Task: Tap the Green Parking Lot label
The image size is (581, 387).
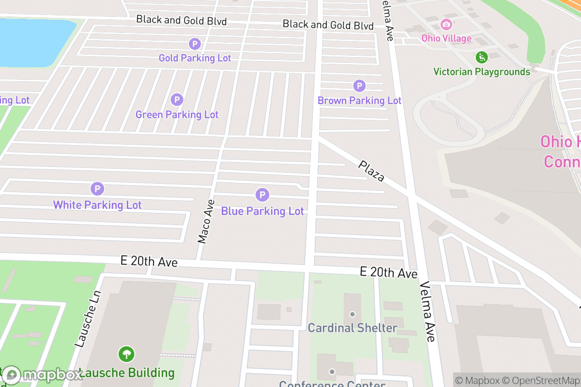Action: pos(177,115)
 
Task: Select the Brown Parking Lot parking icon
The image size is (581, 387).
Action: pos(359,86)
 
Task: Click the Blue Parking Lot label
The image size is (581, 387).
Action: pos(262,211)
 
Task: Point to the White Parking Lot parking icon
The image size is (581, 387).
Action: pos(97,189)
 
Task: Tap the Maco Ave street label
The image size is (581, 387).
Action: pos(206,222)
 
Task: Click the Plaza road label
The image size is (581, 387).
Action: pos(371,171)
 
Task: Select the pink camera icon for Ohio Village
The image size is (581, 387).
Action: pos(446,24)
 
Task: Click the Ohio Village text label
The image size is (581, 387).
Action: pos(446,38)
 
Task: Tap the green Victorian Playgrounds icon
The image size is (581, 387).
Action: pos(481,57)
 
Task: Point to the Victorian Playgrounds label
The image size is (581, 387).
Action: pos(481,72)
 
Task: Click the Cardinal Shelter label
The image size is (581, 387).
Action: pos(352,328)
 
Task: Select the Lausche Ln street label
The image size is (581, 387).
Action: pos(88,319)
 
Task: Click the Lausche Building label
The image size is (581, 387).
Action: pos(127,373)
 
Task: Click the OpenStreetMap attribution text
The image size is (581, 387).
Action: pos(541,380)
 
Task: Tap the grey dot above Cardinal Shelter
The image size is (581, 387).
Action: pos(352,314)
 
